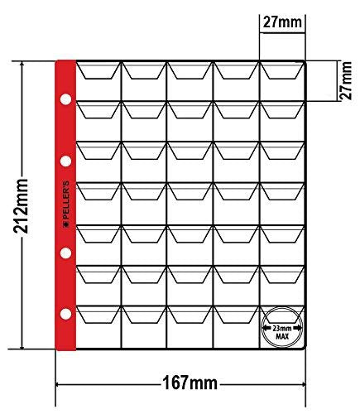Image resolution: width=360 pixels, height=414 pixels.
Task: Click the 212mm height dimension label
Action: [x=22, y=205]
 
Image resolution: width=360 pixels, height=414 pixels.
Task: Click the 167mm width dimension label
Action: [x=190, y=383]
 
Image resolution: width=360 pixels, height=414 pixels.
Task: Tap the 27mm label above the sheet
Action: [x=282, y=22]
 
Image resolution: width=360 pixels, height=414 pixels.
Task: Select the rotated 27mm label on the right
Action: [x=346, y=80]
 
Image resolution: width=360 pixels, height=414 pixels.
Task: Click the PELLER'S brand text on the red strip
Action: [x=66, y=200]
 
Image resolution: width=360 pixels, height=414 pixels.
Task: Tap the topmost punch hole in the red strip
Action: [x=65, y=99]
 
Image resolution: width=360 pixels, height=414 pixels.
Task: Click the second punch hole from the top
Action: [x=65, y=161]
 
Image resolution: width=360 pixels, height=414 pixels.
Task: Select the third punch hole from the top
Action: [x=65, y=253]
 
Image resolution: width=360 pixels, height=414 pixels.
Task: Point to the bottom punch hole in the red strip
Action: [x=65, y=314]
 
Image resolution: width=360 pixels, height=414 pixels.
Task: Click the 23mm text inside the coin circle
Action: [x=282, y=329]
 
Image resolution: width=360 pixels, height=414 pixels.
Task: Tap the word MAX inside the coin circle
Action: [x=282, y=336]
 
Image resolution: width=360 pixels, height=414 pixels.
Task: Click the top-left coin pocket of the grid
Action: [x=98, y=81]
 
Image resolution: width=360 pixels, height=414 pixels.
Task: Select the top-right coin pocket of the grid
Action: [x=282, y=81]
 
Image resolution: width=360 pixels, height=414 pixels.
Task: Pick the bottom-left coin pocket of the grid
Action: [x=98, y=327]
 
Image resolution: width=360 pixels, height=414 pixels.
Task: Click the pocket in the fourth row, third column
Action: [x=190, y=204]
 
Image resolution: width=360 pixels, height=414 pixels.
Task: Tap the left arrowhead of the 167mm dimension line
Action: [x=58, y=384]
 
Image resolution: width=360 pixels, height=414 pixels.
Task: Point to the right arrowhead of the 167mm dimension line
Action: [x=303, y=384]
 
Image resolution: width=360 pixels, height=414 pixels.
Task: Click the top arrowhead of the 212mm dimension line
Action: [x=22, y=65]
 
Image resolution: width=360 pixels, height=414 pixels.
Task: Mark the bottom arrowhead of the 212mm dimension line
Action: [x=22, y=346]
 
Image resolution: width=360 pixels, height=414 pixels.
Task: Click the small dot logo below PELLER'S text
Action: [x=66, y=225]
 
